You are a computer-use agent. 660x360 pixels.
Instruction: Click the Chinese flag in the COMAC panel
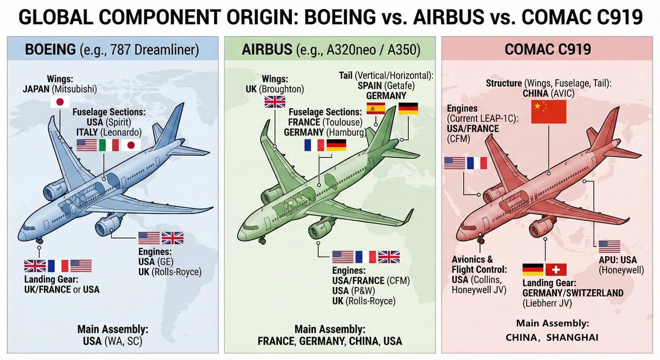tap(549, 111)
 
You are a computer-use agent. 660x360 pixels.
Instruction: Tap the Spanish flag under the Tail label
tap(376, 108)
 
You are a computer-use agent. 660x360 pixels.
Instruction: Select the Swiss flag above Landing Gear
tap(556, 270)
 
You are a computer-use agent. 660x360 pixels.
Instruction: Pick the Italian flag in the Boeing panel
tap(109, 145)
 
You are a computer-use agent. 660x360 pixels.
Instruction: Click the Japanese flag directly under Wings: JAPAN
tap(60, 102)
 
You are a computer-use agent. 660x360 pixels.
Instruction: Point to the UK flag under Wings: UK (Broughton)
tap(275, 102)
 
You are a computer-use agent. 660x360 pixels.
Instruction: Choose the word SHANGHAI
tap(572, 338)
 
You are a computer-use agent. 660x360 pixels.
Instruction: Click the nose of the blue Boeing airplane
tap(21, 235)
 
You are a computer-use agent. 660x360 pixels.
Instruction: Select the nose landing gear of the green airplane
tap(262, 240)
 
